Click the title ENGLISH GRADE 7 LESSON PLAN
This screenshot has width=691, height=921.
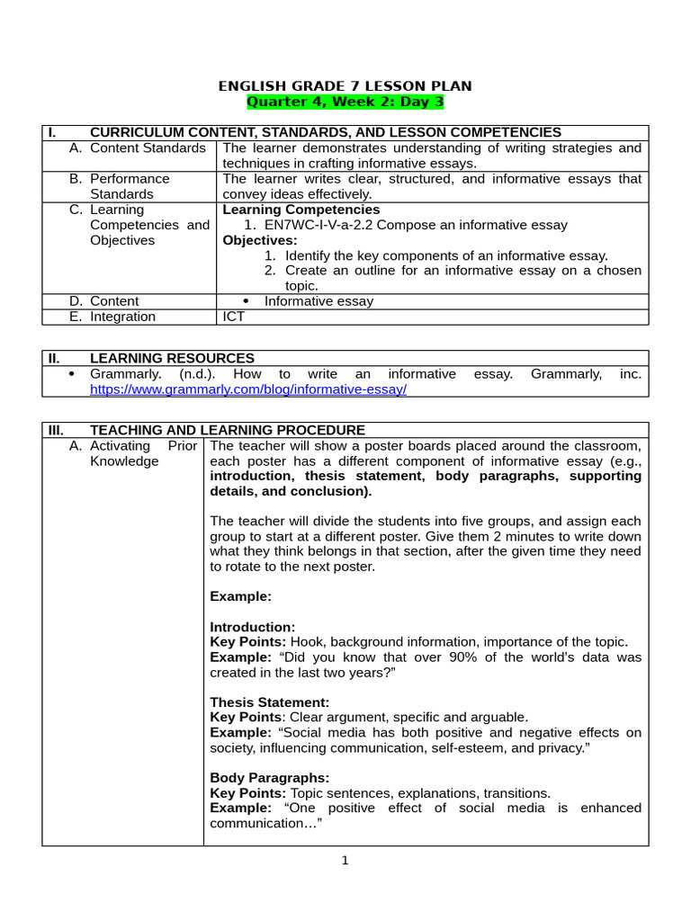coord(345,85)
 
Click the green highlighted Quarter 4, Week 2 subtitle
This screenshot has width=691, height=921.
coord(345,102)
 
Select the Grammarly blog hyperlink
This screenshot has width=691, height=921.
coord(248,389)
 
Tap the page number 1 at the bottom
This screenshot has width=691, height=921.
coord(345,861)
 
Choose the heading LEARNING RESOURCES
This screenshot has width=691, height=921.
coord(172,358)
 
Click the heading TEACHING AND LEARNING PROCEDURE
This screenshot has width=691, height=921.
coord(228,430)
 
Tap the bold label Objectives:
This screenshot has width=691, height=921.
coord(259,240)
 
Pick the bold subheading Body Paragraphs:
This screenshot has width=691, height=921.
coord(270,777)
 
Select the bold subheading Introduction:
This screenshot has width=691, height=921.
coord(252,627)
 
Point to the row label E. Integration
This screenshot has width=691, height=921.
coord(112,317)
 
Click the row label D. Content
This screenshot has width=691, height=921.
coord(104,301)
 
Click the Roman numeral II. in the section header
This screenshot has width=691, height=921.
coord(54,358)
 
